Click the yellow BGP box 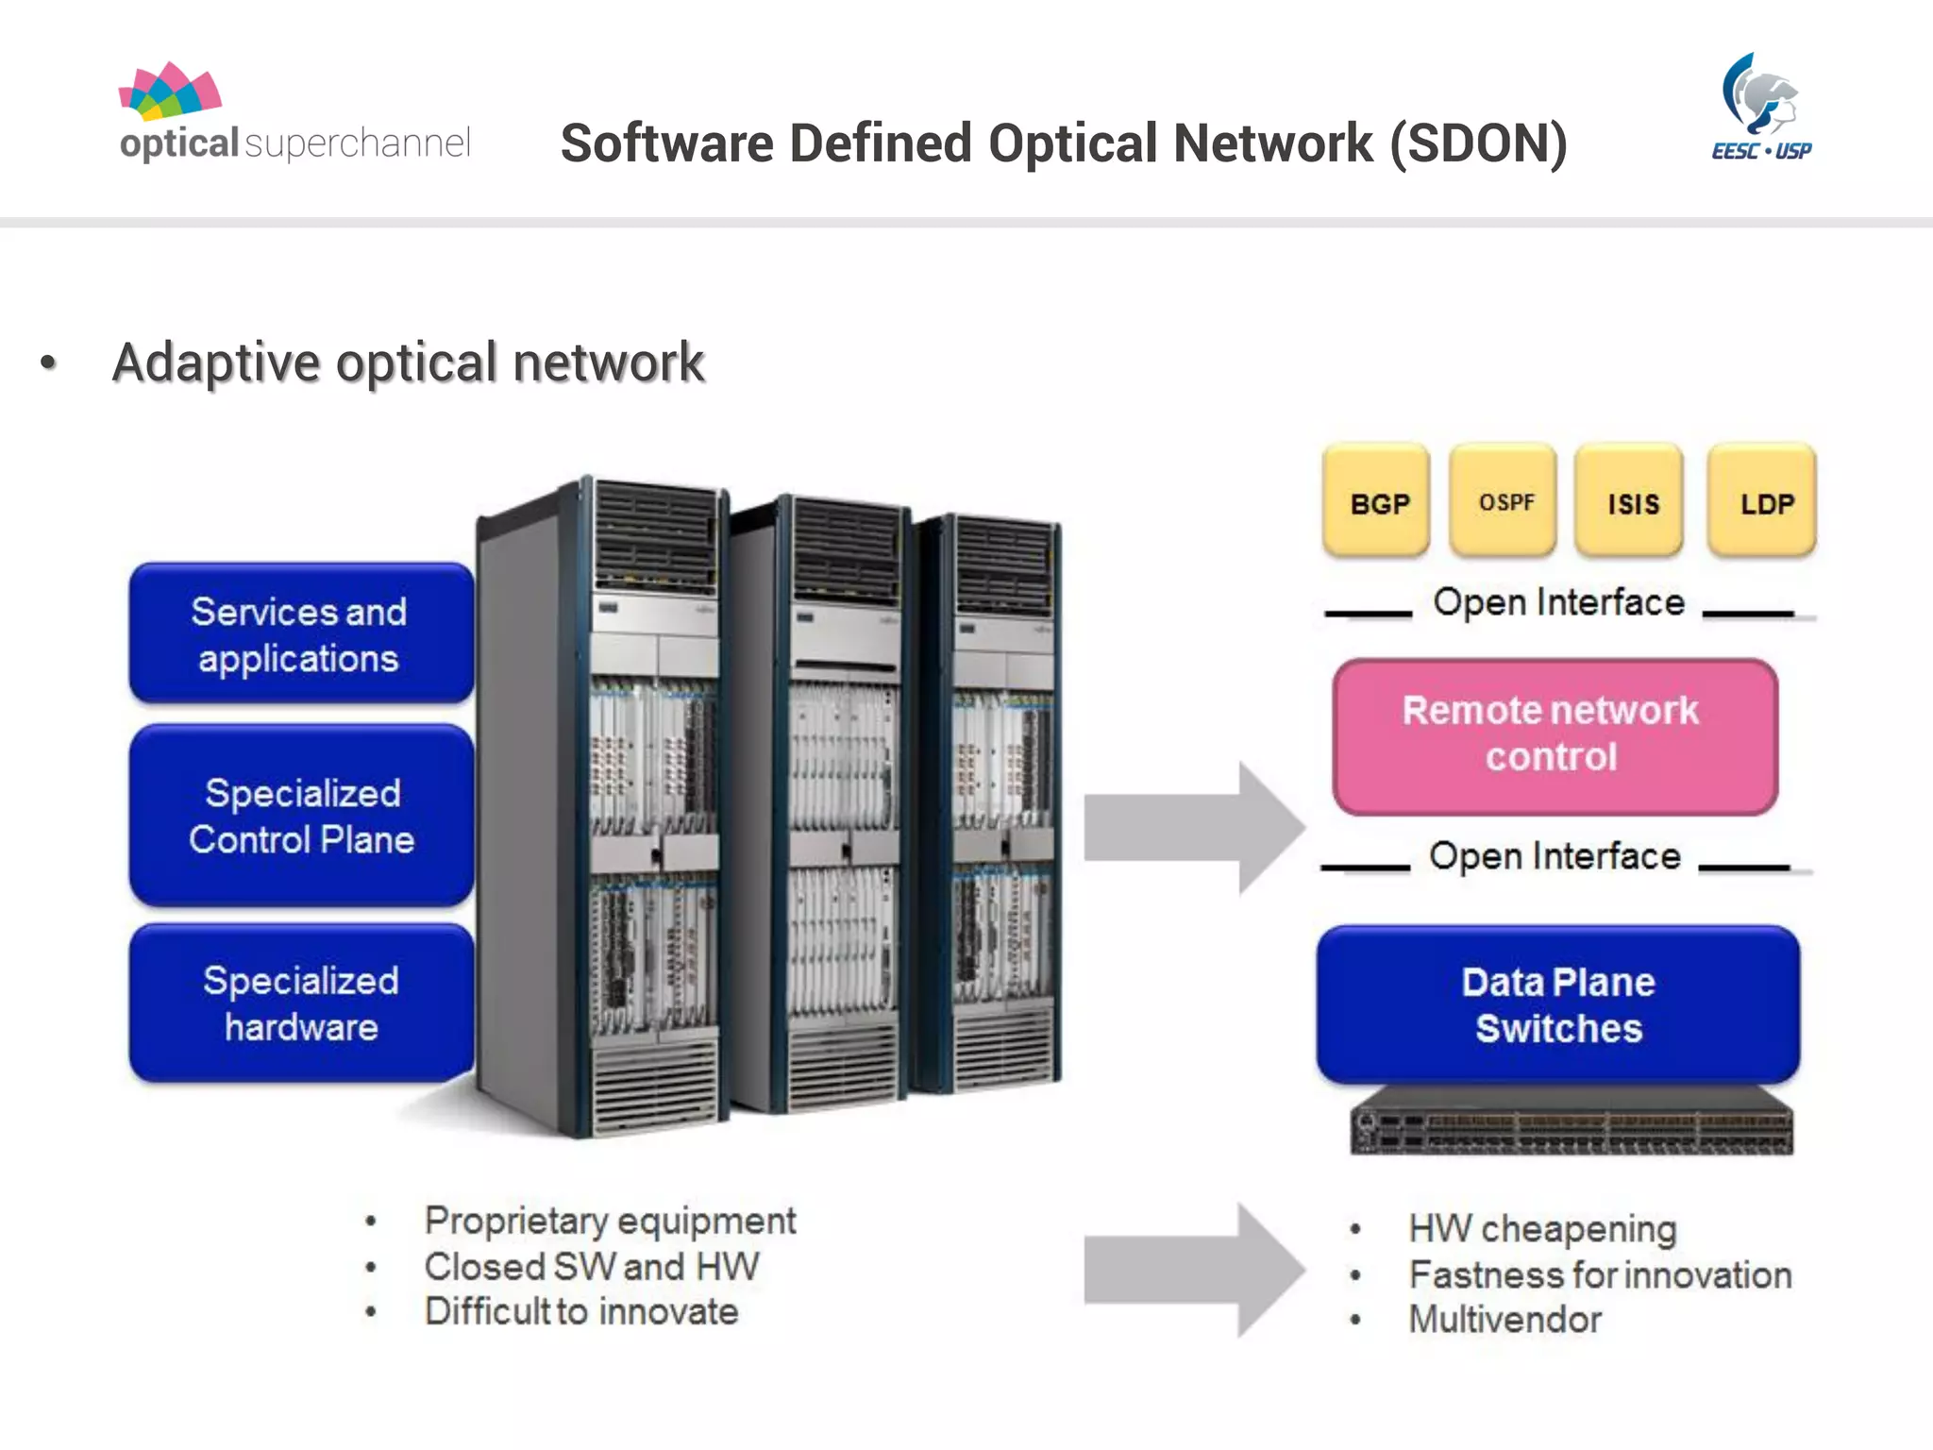(x=1377, y=500)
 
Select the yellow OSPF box (x=1504, y=500)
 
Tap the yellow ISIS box (x=1631, y=500)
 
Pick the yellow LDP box (x=1763, y=500)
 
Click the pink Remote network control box (x=1555, y=735)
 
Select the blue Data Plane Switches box (x=1558, y=1004)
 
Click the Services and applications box (x=301, y=633)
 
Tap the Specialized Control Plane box (x=301, y=816)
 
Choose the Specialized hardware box (x=301, y=1003)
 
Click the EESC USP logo (x=1761, y=108)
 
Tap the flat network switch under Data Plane (x=1571, y=1122)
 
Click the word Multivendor (x=1504, y=1319)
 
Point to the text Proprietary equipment (x=610, y=1221)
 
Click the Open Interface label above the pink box (x=1558, y=602)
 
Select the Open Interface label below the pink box (x=1555, y=856)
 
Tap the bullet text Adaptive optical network (x=408, y=362)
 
